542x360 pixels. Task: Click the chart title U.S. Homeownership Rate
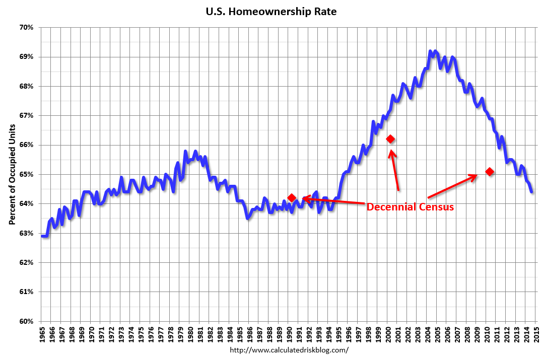tap(270, 11)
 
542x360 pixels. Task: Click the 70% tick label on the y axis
tap(27, 27)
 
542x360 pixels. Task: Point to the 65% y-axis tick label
tap(27, 174)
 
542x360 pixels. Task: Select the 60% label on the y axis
tap(27, 321)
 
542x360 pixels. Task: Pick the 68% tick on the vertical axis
tap(27, 86)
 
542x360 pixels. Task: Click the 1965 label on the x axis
tap(42, 334)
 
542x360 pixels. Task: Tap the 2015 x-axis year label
tap(537, 334)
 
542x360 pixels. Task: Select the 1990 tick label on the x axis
tap(290, 334)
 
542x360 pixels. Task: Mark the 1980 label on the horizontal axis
tap(191, 334)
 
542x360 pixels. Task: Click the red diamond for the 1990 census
tap(291, 198)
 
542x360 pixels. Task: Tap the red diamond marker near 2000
tap(390, 139)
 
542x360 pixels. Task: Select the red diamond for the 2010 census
tap(490, 172)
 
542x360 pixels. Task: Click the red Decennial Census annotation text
tap(410, 207)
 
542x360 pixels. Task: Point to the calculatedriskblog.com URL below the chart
tap(289, 350)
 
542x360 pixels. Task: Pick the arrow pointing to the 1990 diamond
tap(332, 201)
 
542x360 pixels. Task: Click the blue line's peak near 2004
tap(430, 51)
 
